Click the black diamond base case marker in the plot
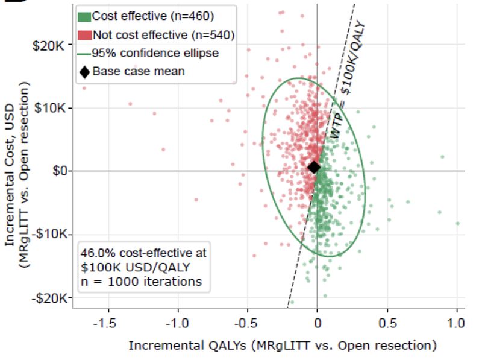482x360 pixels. pyautogui.click(x=314, y=168)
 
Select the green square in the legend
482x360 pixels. pyautogui.click(x=84, y=17)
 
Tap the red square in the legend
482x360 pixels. pyautogui.click(x=84, y=35)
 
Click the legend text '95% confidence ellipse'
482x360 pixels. pyautogui.click(x=155, y=53)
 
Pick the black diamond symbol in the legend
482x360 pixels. pyautogui.click(x=84, y=72)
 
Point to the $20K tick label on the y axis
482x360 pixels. pyautogui.click(x=49, y=46)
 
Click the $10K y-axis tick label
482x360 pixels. pyautogui.click(x=50, y=108)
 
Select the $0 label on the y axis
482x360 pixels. pyautogui.click(x=60, y=171)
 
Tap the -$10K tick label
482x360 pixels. pyautogui.click(x=49, y=234)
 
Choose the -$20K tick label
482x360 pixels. pyautogui.click(x=49, y=298)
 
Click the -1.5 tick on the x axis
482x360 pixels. pyautogui.click(x=105, y=323)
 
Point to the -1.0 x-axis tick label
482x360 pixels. pyautogui.click(x=177, y=323)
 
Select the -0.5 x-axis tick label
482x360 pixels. pyautogui.click(x=245, y=323)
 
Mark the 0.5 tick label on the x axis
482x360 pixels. pyautogui.click(x=387, y=323)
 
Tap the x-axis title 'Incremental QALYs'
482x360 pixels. pyautogui.click(x=187, y=346)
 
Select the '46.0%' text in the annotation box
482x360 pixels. pyautogui.click(x=98, y=253)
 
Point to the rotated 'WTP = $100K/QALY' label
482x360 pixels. pyautogui.click(x=348, y=80)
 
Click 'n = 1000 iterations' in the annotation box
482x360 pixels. pyautogui.click(x=141, y=282)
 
